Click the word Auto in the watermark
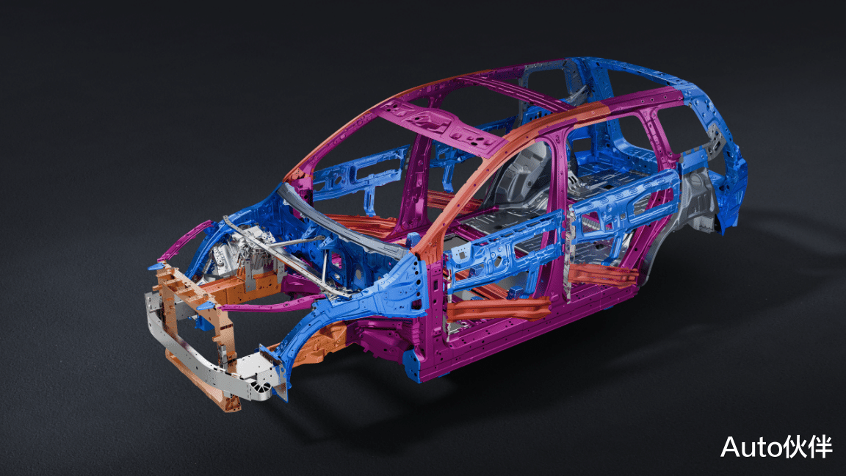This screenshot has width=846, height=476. coord(748,447)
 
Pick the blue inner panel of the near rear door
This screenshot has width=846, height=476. coord(621,210)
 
